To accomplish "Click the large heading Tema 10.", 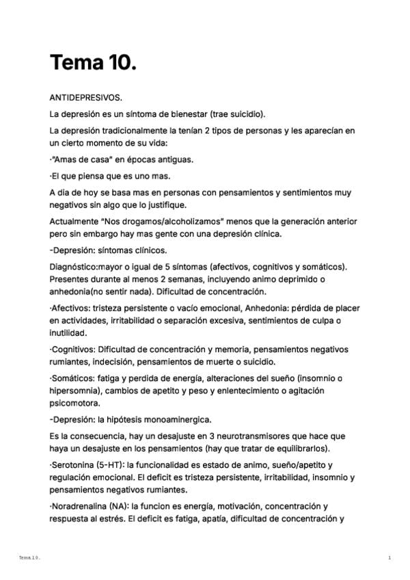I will [93, 63].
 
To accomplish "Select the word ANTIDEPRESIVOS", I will [86, 97].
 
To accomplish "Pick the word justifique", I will [163, 205].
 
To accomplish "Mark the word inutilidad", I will [68, 333].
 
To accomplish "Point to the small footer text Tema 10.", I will [30, 558].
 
